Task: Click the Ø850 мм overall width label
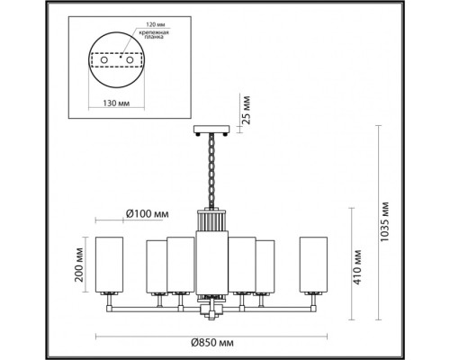214,345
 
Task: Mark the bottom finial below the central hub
213,316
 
